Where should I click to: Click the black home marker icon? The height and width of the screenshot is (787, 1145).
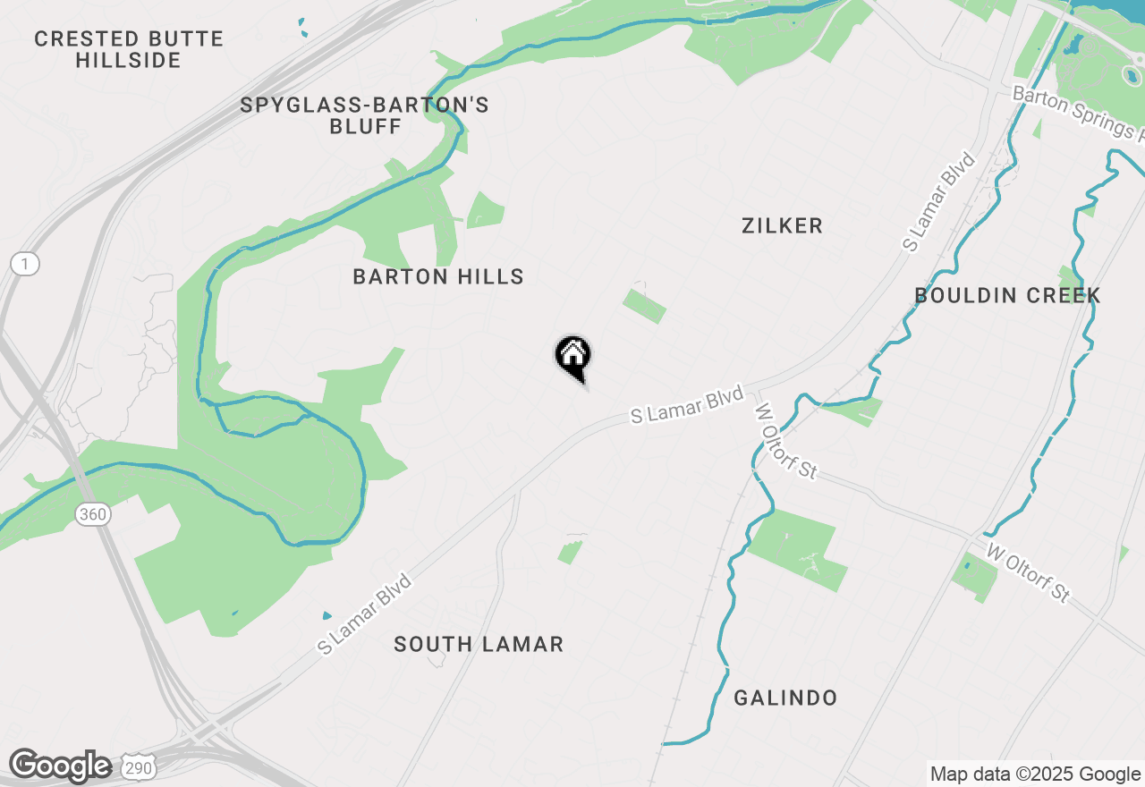572,356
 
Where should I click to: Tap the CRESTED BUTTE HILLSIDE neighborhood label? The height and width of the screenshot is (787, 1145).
129,50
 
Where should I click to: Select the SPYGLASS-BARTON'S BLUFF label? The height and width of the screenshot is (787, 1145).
365,115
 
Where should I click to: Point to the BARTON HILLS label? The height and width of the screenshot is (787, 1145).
438,276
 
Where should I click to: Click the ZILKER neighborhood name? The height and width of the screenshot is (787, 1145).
782,225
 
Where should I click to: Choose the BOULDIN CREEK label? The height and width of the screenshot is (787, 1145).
1007,295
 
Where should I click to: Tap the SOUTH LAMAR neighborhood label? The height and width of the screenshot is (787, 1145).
479,644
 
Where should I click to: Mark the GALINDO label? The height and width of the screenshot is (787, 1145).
785,698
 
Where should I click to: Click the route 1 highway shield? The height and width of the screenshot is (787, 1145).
26,264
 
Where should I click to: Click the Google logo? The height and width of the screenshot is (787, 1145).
60,766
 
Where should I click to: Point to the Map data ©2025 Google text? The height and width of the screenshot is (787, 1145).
1035,774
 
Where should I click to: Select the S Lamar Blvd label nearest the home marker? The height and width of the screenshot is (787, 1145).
687,405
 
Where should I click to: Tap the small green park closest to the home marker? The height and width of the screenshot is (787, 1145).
644,306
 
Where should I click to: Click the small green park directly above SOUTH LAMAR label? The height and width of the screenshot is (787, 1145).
570,552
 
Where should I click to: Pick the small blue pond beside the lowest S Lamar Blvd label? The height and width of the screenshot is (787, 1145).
327,616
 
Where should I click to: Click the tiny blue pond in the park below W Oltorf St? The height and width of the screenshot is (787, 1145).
967,564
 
